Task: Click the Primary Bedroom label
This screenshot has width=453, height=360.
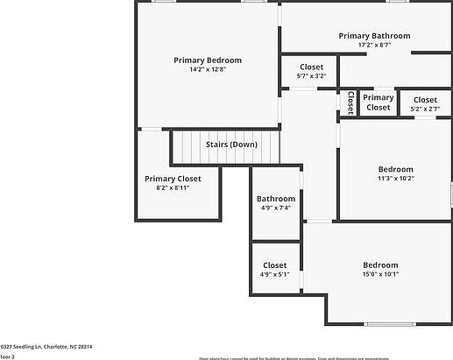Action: (208, 60)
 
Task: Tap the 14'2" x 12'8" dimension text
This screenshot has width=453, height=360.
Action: (208, 69)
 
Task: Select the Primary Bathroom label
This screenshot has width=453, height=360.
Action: (374, 36)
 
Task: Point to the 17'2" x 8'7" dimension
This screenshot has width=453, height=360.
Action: (374, 45)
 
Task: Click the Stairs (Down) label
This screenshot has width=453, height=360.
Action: (231, 145)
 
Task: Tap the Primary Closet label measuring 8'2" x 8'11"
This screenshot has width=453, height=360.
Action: (173, 179)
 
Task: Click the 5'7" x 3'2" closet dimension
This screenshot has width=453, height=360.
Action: (311, 76)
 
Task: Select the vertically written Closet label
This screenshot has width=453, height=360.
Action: (350, 102)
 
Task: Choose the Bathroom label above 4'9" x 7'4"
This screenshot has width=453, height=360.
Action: (276, 199)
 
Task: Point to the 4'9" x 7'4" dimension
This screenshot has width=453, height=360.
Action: (276, 208)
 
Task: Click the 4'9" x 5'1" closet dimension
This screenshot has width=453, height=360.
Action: (274, 274)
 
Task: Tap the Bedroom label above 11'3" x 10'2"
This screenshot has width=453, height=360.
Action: (395, 169)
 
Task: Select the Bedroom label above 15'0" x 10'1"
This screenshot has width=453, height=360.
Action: (380, 265)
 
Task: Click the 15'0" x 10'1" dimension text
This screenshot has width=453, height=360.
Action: (380, 274)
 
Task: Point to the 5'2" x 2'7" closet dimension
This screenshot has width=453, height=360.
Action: (425, 109)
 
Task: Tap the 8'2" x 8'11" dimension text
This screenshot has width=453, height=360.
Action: (173, 187)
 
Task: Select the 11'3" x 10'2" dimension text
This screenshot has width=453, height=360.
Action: (395, 178)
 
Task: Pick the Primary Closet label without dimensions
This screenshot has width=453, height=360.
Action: (379, 102)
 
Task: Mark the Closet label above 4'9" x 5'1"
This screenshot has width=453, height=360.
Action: (274, 265)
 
